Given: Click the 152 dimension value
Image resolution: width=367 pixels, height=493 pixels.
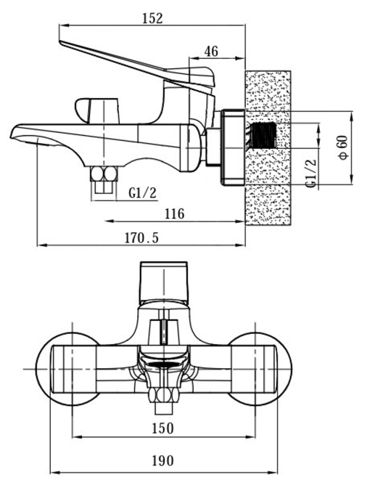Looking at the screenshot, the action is (153, 19).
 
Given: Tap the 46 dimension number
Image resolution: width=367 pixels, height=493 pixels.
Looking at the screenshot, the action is (211, 52).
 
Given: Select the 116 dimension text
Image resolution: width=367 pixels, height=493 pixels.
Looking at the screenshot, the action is (175, 214).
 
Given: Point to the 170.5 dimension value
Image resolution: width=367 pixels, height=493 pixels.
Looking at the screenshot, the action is (141, 238).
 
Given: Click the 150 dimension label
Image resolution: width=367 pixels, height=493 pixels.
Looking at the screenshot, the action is (162, 428).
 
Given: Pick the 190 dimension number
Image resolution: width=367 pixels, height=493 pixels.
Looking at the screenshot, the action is (162, 461).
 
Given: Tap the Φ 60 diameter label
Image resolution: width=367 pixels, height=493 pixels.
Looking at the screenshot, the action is (343, 147).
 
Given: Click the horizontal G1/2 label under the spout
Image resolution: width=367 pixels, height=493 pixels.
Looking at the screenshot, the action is (142, 192).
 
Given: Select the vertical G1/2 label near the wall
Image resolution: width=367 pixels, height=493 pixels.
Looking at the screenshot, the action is (310, 174).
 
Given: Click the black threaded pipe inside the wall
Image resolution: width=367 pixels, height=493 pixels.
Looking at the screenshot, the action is (263, 135).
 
